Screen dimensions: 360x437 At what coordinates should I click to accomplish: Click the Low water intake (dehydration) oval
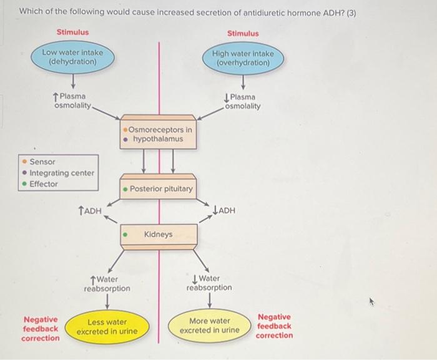pos(73,57)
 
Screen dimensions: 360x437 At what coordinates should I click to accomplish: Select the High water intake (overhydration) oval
pos(242,59)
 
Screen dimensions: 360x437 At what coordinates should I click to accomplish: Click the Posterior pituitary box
pos(159,188)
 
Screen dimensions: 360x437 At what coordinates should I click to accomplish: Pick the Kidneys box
pos(159,235)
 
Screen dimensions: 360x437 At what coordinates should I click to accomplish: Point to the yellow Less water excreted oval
pos(107,327)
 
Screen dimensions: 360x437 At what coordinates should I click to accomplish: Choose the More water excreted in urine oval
pos(210,326)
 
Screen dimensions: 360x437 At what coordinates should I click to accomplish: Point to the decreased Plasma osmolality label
pos(242,101)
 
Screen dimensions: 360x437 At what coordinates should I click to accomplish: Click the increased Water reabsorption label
pos(107,285)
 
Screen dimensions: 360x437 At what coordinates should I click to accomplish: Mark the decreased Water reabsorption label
pos(209,283)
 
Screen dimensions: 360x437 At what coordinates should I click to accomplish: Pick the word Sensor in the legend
pos(42,162)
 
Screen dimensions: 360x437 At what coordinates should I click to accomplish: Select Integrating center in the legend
pos(62,173)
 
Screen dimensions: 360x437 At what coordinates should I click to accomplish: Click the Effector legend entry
pos(44,184)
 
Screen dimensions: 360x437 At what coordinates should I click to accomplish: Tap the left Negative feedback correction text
pos(41,328)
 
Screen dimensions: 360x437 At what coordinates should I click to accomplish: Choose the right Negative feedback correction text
pos(274,326)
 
